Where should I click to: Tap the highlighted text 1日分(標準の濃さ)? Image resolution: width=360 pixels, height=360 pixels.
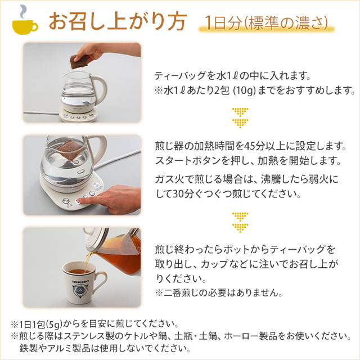point(266,24)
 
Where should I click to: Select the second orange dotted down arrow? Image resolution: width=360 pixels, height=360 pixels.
point(240,222)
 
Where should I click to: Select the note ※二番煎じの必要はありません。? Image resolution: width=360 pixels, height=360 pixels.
point(218,293)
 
